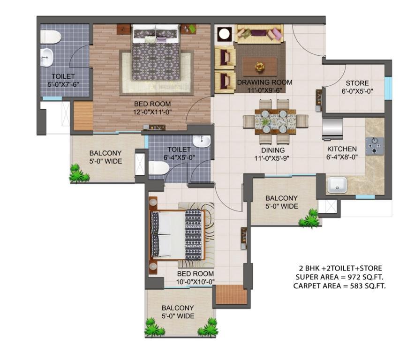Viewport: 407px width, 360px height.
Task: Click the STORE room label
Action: tap(357, 83)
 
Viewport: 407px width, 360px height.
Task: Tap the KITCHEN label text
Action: tap(342, 149)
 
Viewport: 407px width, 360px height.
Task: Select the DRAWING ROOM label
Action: tap(264, 82)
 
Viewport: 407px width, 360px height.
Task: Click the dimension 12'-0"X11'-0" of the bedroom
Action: tap(152, 112)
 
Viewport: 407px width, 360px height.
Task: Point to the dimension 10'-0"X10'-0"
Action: tap(196, 282)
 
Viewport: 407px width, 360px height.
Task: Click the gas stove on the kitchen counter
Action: tap(374, 146)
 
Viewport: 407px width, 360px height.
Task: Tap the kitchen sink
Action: tap(337, 185)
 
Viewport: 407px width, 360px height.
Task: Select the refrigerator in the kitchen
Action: tap(332, 129)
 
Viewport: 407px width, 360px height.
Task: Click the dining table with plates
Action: tap(275, 122)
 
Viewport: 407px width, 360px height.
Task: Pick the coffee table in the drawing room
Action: tap(260, 67)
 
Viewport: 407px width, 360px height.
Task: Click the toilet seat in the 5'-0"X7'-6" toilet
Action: tap(51, 37)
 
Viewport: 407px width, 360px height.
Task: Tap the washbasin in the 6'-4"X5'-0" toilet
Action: tap(202, 142)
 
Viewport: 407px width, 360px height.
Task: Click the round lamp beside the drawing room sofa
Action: tap(224, 34)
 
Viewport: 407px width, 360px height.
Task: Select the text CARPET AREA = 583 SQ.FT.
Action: tap(339, 286)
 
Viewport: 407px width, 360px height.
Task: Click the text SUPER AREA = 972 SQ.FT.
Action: tap(339, 277)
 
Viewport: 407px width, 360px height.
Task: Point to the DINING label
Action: tap(273, 150)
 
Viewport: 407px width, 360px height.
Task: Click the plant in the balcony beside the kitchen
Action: tap(309, 219)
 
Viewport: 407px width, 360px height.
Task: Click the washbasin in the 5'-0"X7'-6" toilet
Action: tap(47, 57)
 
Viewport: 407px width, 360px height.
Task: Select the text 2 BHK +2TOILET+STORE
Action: tap(340, 268)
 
